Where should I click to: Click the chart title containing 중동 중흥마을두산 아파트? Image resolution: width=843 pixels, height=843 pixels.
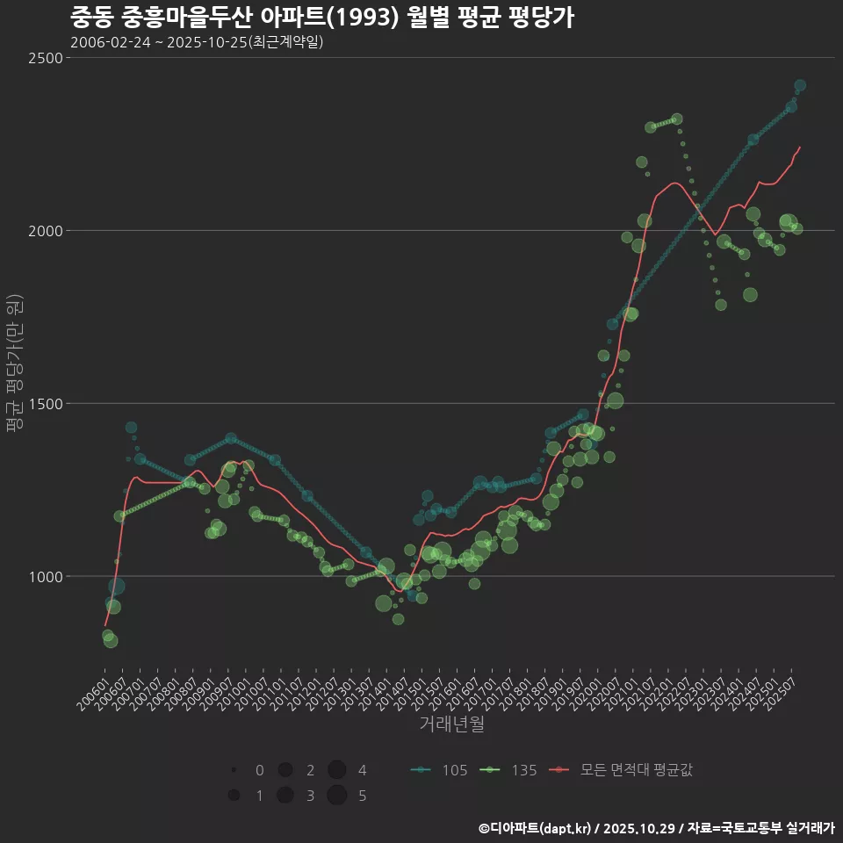pyautogui.click(x=321, y=18)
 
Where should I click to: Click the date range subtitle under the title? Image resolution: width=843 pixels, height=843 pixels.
pyautogui.click(x=197, y=42)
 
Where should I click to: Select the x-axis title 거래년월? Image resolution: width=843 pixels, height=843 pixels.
pyautogui.click(x=452, y=724)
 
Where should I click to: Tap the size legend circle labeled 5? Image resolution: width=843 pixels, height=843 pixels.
pyautogui.click(x=336, y=796)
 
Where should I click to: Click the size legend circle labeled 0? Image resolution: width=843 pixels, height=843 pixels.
pyautogui.click(x=234, y=770)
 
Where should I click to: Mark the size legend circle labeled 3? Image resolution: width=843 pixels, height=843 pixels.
pyautogui.click(x=285, y=796)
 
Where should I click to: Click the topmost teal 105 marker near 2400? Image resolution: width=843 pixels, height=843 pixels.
pyautogui.click(x=800, y=85)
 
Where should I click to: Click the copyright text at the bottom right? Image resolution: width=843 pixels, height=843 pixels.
pyautogui.click(x=656, y=827)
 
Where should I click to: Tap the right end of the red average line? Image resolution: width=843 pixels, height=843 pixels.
pyautogui.click(x=799, y=148)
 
